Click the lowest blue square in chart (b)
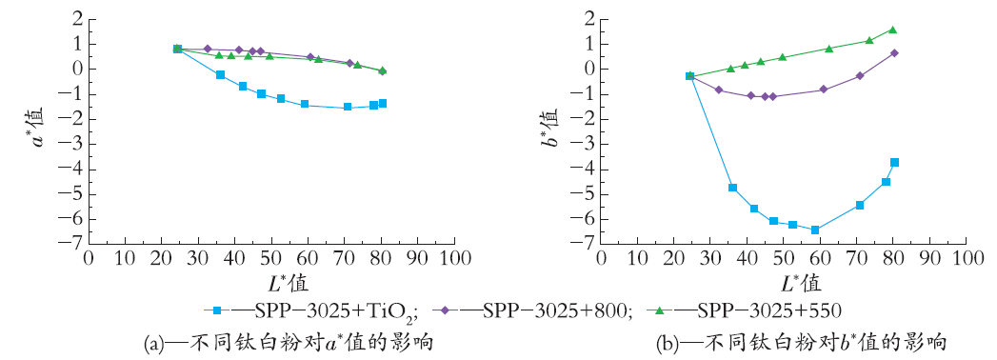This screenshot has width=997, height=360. pyautogui.click(x=815, y=230)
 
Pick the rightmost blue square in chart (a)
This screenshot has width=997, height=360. pyautogui.click(x=383, y=103)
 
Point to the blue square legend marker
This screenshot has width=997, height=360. pyautogui.click(x=217, y=310)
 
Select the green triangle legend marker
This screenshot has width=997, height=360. pyautogui.click(x=659, y=310)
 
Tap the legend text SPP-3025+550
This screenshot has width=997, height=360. pyautogui.click(x=769, y=310)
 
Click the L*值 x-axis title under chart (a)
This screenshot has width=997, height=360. pyautogui.click(x=271, y=281)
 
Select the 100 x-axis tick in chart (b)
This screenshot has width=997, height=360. pyautogui.click(x=966, y=258)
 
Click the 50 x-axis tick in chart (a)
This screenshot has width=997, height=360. pyautogui.click(x=271, y=258)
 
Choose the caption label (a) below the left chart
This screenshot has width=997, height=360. pyautogui.click(x=154, y=344)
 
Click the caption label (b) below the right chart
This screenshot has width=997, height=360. pyautogui.click(x=667, y=344)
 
